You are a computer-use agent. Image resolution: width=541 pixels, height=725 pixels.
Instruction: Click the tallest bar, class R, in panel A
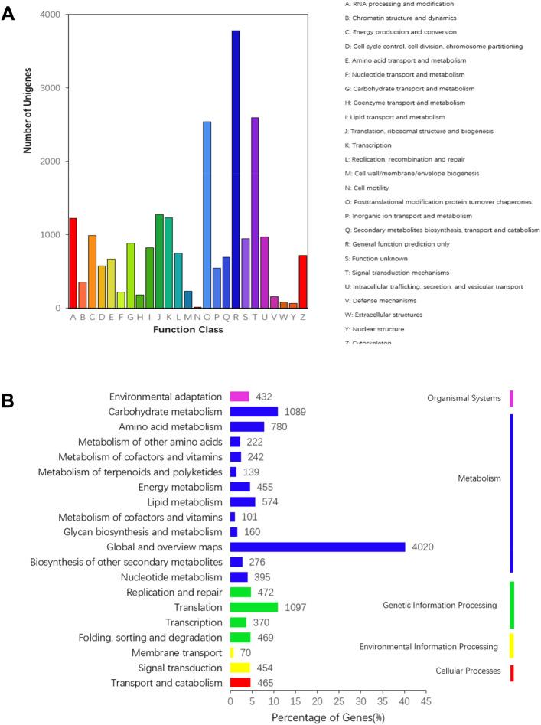pos(236,169)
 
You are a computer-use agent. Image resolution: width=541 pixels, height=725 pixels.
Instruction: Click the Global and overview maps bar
pos(318,547)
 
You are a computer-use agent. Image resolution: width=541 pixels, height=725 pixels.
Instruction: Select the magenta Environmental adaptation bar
pos(240,397)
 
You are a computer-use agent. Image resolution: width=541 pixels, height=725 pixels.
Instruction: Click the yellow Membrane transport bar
pos(232,652)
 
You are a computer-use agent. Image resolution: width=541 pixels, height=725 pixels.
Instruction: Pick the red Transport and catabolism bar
pos(240,682)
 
